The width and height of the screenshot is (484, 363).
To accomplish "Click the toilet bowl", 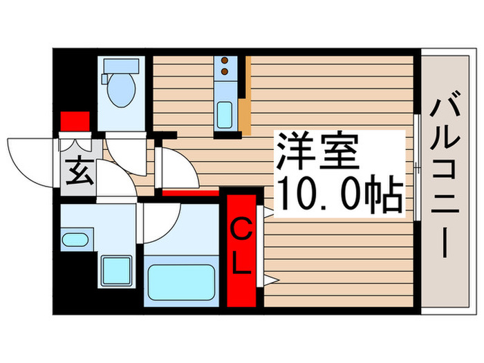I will pyautogui.click(x=122, y=91).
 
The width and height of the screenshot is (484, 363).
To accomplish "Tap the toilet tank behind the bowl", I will pyautogui.click(x=122, y=66).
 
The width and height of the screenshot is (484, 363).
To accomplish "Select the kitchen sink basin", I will pyautogui.click(x=225, y=115).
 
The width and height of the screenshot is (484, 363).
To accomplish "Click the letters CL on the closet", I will pyautogui.click(x=241, y=247).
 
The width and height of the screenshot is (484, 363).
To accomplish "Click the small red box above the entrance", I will pyautogui.click(x=75, y=121).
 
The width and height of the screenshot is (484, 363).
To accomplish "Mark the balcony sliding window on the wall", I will pyautogui.click(x=418, y=166).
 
